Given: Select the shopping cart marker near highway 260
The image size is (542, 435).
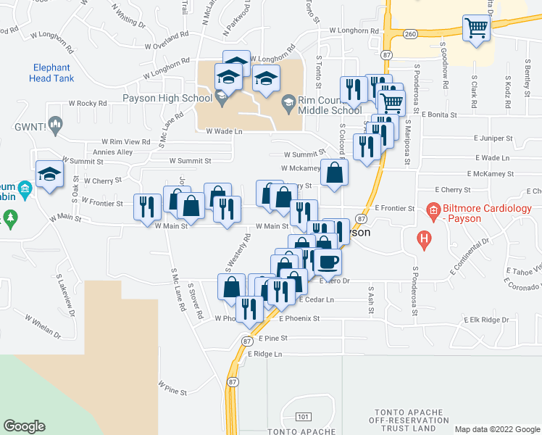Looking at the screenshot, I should click(478, 29).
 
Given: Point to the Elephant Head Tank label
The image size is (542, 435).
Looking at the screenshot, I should click(51, 73).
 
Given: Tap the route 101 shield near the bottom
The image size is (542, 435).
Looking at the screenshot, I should click(304, 417).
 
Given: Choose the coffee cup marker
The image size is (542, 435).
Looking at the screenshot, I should click(328, 262).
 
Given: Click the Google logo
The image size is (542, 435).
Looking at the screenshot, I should click(25, 426).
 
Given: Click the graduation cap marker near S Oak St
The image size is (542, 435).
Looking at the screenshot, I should click(49, 175).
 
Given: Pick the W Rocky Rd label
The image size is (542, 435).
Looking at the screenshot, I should click(87, 103).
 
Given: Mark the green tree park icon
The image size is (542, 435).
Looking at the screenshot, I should click(9, 217).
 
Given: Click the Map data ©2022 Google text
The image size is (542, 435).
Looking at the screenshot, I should click(496, 429).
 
